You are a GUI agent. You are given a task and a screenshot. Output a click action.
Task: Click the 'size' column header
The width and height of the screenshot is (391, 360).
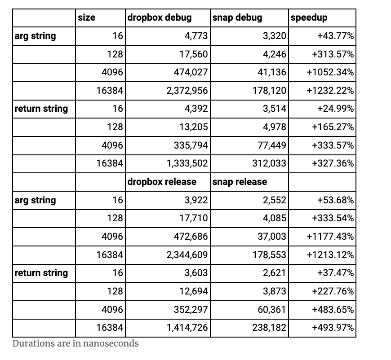(x=86, y=18)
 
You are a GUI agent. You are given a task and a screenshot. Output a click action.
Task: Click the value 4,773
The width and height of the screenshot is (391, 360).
(x=196, y=36)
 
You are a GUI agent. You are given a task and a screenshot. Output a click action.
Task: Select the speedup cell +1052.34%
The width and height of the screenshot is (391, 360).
(x=330, y=72)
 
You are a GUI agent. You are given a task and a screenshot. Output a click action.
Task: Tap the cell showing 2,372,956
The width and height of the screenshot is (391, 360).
(x=187, y=90)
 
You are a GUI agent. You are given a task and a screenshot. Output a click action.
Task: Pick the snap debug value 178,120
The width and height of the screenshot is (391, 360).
(x=269, y=90)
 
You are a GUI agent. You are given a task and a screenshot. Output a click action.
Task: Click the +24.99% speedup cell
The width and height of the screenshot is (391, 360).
(x=335, y=109)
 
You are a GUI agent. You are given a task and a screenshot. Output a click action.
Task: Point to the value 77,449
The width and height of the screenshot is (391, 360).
(x=272, y=145)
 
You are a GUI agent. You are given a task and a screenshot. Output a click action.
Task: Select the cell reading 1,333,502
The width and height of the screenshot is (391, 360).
(x=187, y=163)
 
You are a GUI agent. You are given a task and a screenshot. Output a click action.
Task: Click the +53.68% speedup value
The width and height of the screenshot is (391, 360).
(x=335, y=200)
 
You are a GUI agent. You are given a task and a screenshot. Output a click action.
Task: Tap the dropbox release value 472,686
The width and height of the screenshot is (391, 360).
(x=191, y=237)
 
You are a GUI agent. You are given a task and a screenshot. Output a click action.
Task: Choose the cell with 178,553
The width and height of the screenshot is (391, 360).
(x=269, y=255)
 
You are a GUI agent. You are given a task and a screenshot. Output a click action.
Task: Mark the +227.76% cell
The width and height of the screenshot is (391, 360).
(x=333, y=291)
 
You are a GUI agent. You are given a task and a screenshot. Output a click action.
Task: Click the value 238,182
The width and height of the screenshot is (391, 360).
(x=269, y=328)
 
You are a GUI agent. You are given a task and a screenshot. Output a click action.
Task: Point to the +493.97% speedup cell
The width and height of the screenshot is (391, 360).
(x=333, y=328)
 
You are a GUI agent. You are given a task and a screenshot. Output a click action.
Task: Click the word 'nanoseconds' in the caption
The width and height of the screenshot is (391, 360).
(x=111, y=343)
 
